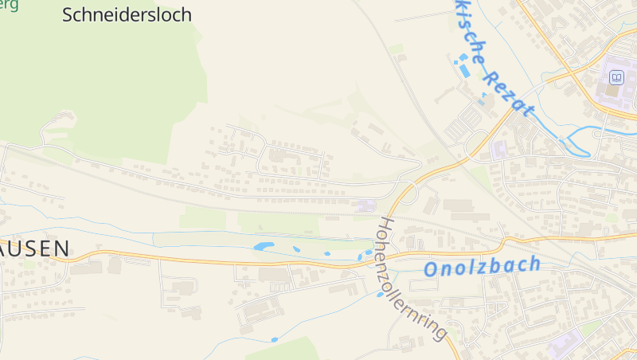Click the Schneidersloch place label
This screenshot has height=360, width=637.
click(127, 15)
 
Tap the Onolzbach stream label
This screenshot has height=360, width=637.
click(483, 266)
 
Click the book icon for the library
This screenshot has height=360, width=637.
click(616, 77)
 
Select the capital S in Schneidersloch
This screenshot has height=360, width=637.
click(68, 15)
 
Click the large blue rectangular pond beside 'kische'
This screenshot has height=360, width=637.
click(463, 71)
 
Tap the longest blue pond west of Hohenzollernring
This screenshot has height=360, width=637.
click(264, 247)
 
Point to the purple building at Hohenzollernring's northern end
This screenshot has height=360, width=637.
click(365, 206)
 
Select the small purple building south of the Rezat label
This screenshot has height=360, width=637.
click(499, 148)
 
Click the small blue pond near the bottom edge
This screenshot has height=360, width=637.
click(275, 340)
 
